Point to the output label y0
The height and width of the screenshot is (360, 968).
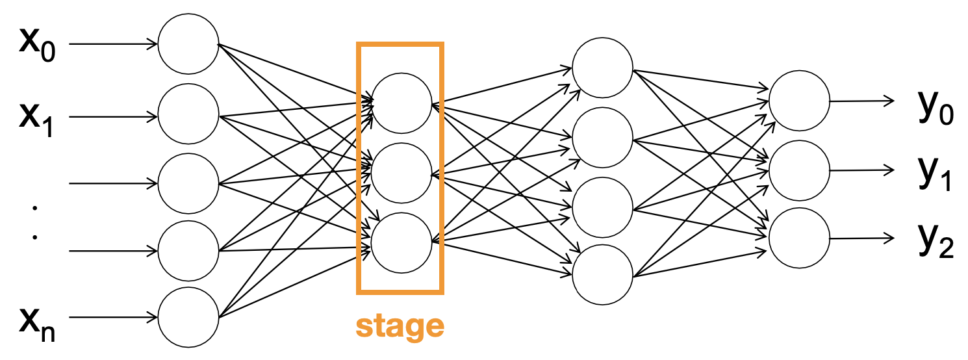click(934, 109)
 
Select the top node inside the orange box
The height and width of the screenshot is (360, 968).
click(402, 103)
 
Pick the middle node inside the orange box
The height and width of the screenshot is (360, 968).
click(402, 174)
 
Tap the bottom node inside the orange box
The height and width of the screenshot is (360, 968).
click(402, 243)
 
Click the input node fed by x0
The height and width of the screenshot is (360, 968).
click(188, 45)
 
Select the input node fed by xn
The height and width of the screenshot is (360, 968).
click(188, 318)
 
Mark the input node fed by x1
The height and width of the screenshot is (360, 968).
click(188, 117)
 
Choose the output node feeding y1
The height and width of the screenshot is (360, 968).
click(798, 171)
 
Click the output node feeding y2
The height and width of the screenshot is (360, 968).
click(798, 238)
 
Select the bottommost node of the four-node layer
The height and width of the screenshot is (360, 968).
click(602, 275)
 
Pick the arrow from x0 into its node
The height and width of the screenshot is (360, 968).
click(114, 45)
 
